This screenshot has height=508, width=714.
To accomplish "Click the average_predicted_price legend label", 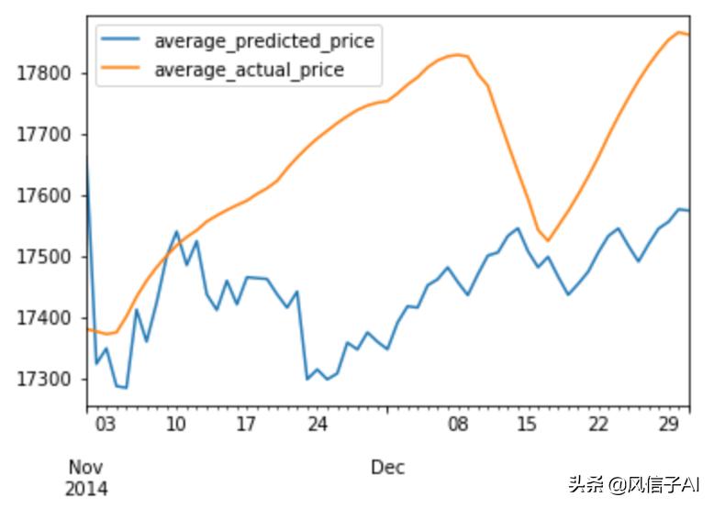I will click(263, 41).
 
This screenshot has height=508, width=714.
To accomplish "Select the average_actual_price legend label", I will click(249, 70).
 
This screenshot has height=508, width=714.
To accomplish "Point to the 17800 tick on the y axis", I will click(45, 73).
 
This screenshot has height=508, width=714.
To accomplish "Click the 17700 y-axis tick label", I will click(45, 135).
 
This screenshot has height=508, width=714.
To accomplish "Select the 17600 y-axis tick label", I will click(45, 196).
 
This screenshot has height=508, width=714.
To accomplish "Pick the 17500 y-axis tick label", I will click(45, 258).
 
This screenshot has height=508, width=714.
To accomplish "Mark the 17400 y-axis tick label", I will click(45, 319).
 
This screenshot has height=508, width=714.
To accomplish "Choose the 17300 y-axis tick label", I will click(45, 380).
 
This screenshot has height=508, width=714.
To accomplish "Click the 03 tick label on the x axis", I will click(106, 425).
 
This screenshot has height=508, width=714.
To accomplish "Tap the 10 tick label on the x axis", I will click(175, 425).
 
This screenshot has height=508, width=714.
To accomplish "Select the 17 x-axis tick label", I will click(246, 425).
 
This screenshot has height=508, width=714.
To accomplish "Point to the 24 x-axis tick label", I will click(317, 425).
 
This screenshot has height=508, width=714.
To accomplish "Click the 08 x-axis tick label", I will click(457, 425).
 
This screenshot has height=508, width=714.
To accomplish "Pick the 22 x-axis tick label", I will click(598, 425).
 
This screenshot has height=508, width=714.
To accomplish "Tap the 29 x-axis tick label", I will click(669, 425).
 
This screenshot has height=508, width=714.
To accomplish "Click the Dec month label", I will click(387, 468).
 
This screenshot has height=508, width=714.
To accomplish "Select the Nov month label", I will click(85, 468).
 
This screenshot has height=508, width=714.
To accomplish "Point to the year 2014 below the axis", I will click(85, 489).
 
